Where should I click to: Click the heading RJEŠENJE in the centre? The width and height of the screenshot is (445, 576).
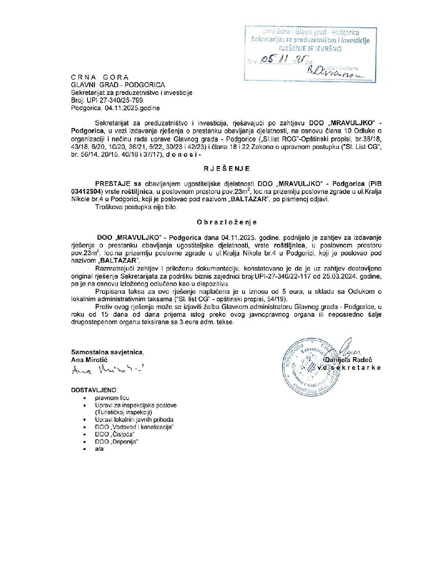click(x=227, y=169)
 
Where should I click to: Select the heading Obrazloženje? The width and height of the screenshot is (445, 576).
click(x=227, y=222)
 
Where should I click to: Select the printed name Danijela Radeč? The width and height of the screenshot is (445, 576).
click(x=348, y=360)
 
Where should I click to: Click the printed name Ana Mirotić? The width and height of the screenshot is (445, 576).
click(x=89, y=360)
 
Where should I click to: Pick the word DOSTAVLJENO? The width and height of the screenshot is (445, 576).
click(x=94, y=390)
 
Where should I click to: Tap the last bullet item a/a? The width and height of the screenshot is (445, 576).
click(x=99, y=449)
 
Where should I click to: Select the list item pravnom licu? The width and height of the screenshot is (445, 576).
click(x=112, y=398)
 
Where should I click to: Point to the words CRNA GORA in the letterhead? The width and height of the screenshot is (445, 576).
click(x=100, y=77)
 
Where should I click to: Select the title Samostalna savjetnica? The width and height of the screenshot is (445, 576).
click(x=107, y=352)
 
